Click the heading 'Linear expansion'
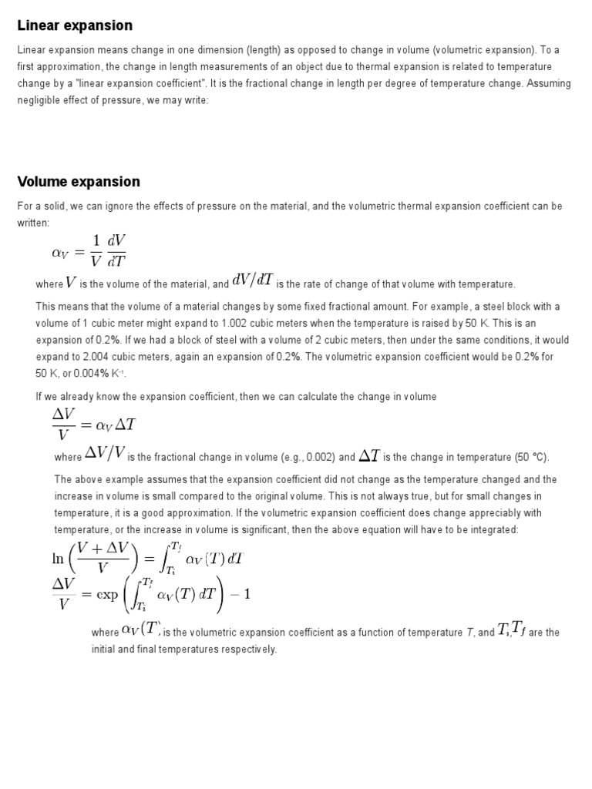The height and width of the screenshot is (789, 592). [75, 26]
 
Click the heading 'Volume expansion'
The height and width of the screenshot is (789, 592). [79, 182]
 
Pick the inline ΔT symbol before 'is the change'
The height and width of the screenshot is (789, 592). [370, 455]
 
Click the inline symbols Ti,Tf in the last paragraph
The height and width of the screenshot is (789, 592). [512, 631]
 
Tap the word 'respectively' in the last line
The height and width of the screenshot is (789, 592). [249, 650]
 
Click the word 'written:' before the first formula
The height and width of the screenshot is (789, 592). [33, 223]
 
